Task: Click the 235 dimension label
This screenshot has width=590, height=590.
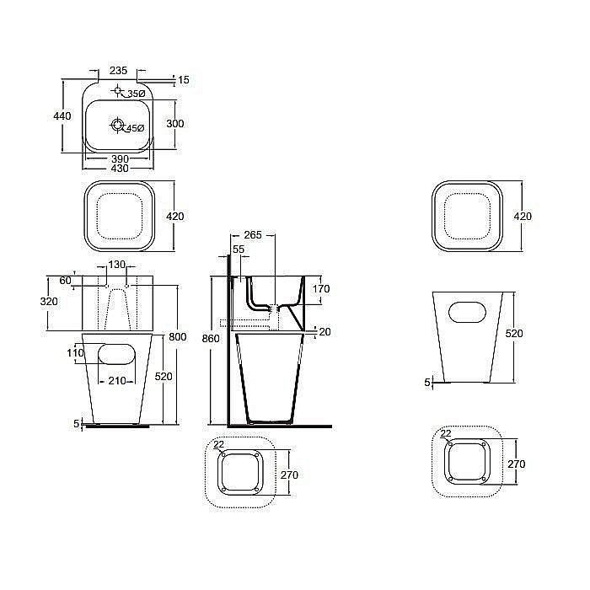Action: point(118,70)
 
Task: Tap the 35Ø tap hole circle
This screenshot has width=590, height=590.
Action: point(118,90)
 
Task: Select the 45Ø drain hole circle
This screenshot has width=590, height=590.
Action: point(118,125)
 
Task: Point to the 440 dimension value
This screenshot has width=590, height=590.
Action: point(62,116)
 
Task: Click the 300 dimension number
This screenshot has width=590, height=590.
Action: point(175,124)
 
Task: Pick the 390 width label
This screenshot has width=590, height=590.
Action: point(120,158)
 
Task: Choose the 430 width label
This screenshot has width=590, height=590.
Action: point(120,169)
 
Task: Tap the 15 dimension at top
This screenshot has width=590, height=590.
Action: point(184,80)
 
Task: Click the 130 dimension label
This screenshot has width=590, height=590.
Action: point(116,265)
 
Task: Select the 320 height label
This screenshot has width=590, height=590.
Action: point(49,302)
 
